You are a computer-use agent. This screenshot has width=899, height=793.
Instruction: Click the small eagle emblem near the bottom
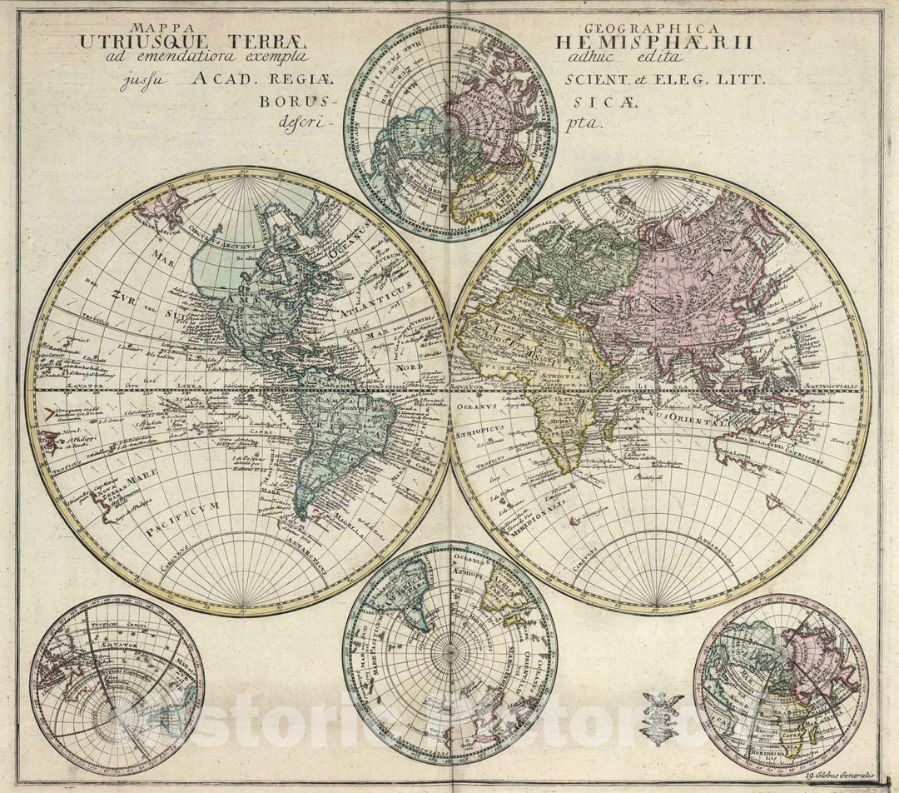pyautogui.click(x=661, y=716)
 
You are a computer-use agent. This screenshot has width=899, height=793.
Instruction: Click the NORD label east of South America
pyautogui.click(x=410, y=366)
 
